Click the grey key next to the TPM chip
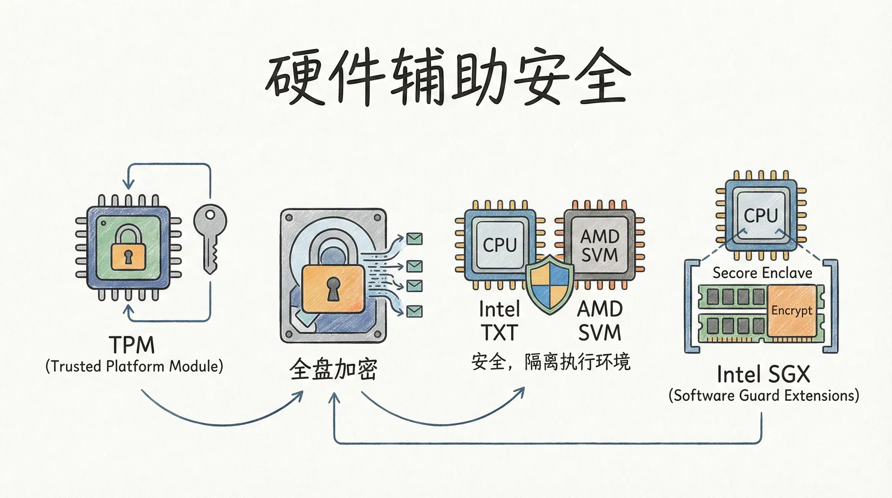210,237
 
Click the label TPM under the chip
132,346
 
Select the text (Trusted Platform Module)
134,367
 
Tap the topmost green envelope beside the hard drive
414,239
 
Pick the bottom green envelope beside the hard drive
414,311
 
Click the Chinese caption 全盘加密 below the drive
333,370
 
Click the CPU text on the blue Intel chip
499,245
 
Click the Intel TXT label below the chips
499,321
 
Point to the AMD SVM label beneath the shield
600,321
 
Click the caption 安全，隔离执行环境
551,362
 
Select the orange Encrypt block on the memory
792,310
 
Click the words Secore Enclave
762,273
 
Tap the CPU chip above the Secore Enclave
761,215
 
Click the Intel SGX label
763,374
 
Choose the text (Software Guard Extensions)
763,396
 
